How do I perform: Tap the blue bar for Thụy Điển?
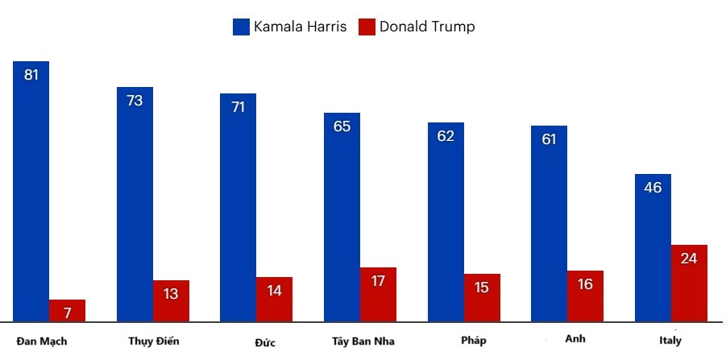point(135,205)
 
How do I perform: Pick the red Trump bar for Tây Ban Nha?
point(378,295)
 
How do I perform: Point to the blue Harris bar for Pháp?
point(446,222)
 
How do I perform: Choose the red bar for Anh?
point(585,296)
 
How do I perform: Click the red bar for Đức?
point(274,300)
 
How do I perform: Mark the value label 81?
point(31,76)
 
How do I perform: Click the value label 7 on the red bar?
point(67,312)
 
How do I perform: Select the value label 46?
point(653,188)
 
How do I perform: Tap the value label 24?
point(689,259)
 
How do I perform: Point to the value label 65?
point(342,126)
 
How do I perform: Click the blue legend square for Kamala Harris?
point(241,27)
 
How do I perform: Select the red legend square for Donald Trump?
point(367,27)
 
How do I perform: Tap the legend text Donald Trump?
point(427,27)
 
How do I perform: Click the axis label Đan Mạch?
point(42,341)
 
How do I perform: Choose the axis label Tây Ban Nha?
point(363,341)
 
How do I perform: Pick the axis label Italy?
point(670,341)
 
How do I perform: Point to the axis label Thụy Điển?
point(153,341)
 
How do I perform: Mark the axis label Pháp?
point(474,341)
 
